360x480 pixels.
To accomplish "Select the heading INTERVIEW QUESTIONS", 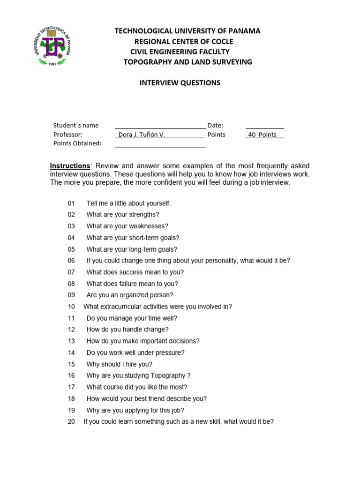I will click(x=180, y=83).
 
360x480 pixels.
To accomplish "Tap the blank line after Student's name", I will click(x=160, y=126).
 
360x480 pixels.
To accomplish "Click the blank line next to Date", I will click(x=264, y=126).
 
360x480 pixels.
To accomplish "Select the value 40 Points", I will click(x=262, y=135).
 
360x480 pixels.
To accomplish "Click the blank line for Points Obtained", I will click(x=160, y=144).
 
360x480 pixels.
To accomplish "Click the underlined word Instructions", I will click(x=70, y=166).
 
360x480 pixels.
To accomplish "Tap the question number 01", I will click(x=71, y=203).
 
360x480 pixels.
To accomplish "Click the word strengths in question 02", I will click(x=142, y=215).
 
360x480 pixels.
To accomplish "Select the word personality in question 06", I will click(x=221, y=261).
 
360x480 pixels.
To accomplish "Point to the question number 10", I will click(x=71, y=307).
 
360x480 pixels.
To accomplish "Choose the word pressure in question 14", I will click(x=168, y=352).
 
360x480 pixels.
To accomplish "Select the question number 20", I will click(x=71, y=421).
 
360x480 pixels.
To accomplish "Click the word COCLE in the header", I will click(x=223, y=41).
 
